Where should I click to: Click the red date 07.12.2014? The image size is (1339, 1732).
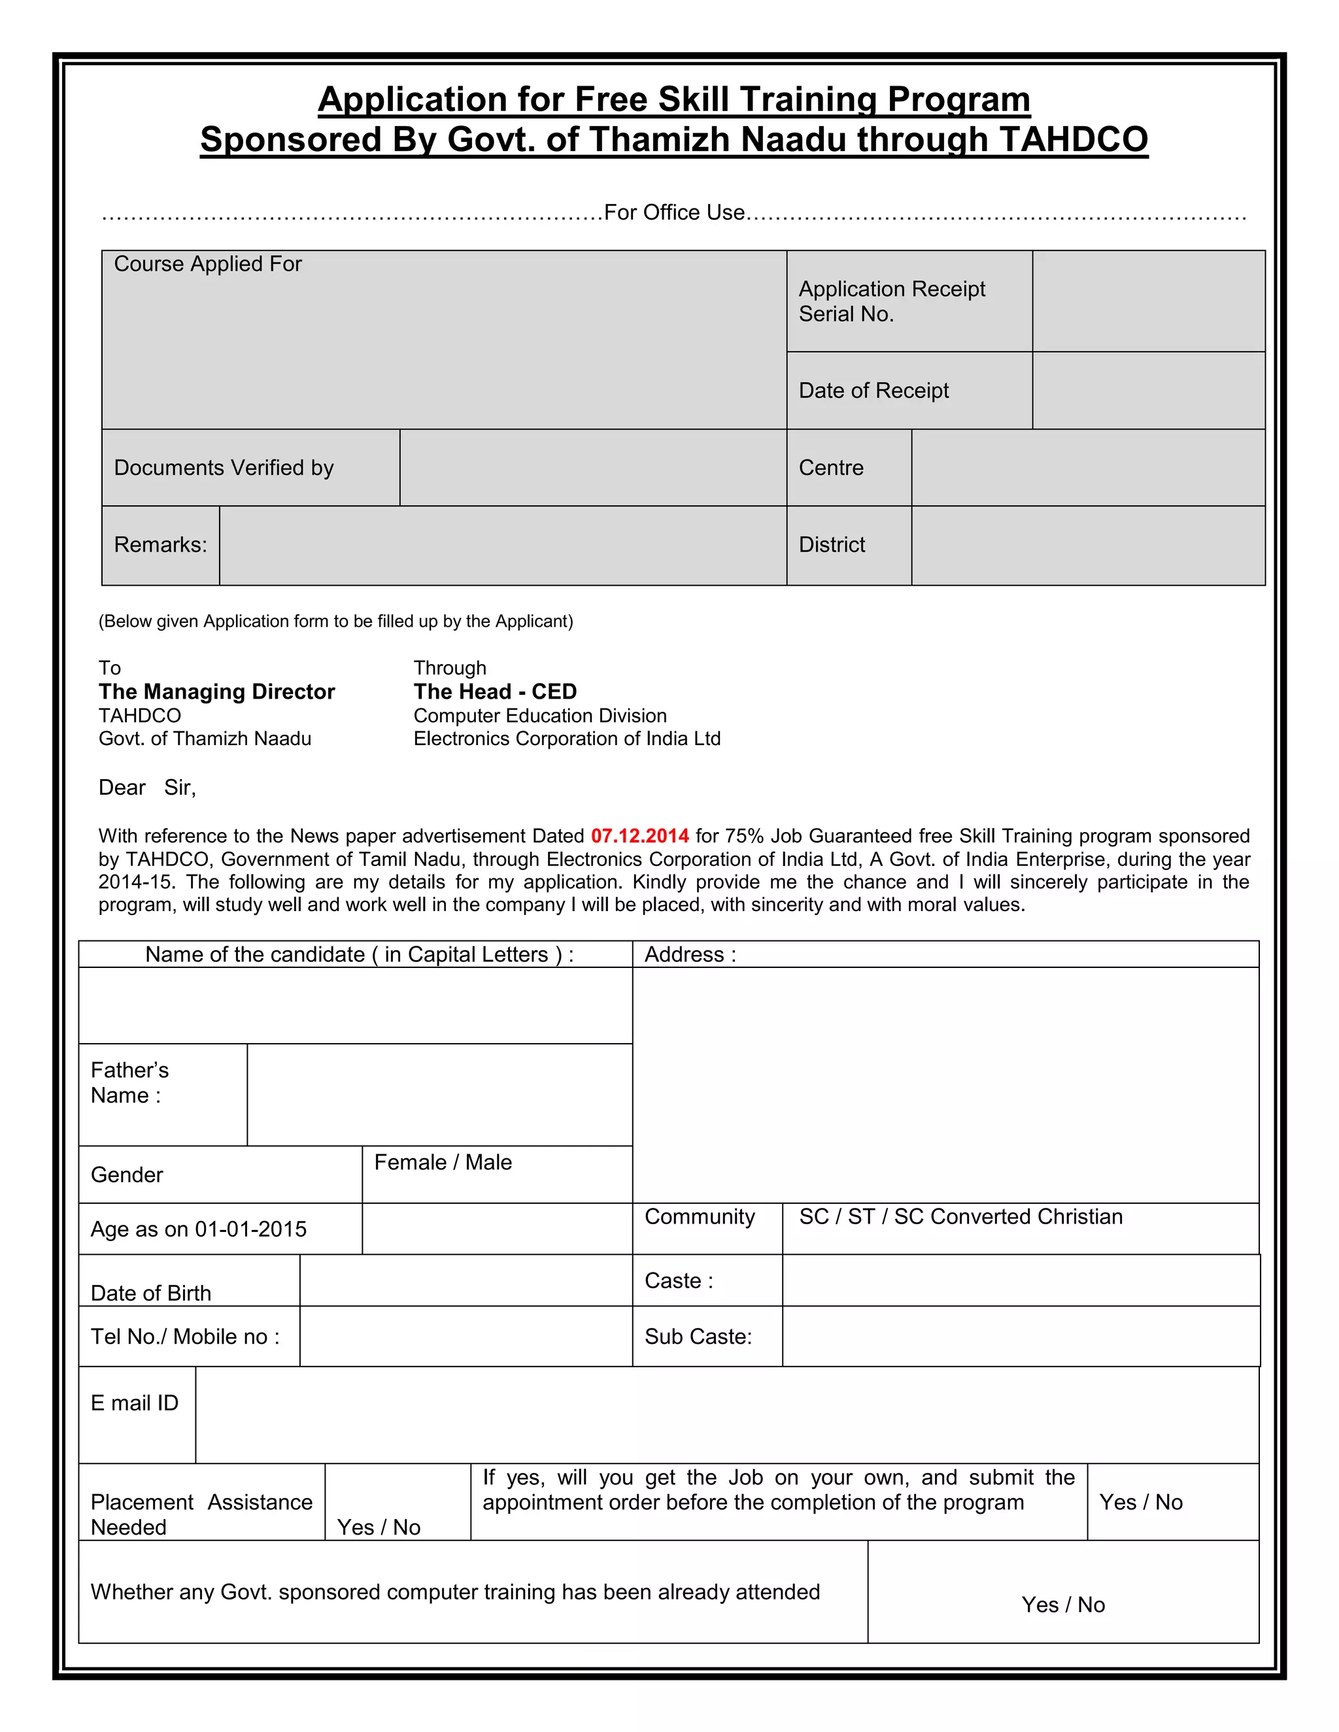[x=639, y=836]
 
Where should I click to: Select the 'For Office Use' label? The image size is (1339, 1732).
[x=674, y=212]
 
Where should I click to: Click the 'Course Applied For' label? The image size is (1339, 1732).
[x=208, y=264]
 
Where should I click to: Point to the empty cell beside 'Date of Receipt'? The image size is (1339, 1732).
[x=1148, y=390]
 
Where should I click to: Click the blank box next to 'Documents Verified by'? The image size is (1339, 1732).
[x=592, y=468]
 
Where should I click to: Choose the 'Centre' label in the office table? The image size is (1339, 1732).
[x=830, y=468]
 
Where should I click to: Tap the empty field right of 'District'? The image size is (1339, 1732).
[x=1087, y=545]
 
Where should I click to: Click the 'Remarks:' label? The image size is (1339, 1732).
[x=160, y=545]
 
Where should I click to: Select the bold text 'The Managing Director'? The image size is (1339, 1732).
[x=216, y=691]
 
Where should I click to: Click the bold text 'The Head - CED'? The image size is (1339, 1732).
[x=495, y=691]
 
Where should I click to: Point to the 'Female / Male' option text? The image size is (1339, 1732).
[x=443, y=1163]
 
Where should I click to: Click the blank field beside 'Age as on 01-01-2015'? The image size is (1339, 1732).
[x=497, y=1229]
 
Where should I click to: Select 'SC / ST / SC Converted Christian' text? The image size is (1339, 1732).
[x=960, y=1218]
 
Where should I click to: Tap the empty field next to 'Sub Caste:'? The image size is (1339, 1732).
[x=1020, y=1337]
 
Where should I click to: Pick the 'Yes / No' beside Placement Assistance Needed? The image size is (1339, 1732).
[x=379, y=1527]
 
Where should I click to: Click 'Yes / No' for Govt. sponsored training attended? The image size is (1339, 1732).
[x=1063, y=1605]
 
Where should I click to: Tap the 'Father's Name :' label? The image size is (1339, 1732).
[x=129, y=1082]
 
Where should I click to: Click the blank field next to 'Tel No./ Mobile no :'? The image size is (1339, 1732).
[x=466, y=1337]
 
